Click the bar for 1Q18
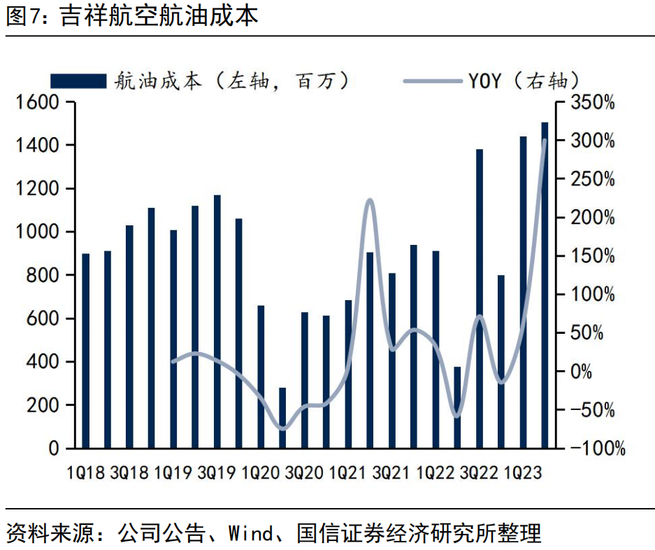pyautogui.click(x=86, y=351)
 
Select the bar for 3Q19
pyautogui.click(x=217, y=322)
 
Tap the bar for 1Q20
pyautogui.click(x=261, y=377)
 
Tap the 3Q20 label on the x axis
pyautogui.click(x=304, y=473)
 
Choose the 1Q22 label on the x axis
pyautogui.click(x=436, y=473)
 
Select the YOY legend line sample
pyautogui.click(x=431, y=80)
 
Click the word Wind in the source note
pyautogui.click(x=250, y=534)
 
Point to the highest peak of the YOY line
pyautogui.click(x=545, y=141)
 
